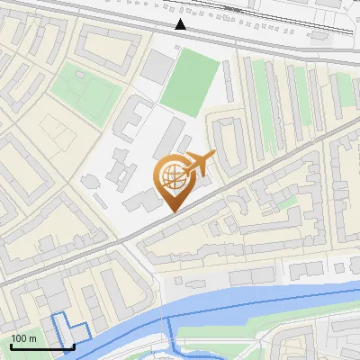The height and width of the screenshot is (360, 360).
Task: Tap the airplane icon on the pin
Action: tap(198, 164)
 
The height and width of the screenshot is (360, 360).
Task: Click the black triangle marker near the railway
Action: tap(182, 24)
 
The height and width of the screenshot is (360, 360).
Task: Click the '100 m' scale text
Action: tap(24, 338)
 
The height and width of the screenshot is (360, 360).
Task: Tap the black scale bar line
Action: tap(41, 346)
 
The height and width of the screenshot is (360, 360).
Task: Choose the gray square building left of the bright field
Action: tap(157, 66)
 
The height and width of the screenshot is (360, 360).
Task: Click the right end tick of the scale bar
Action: tap(73, 345)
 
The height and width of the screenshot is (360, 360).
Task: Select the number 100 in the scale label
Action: tap(19, 338)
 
